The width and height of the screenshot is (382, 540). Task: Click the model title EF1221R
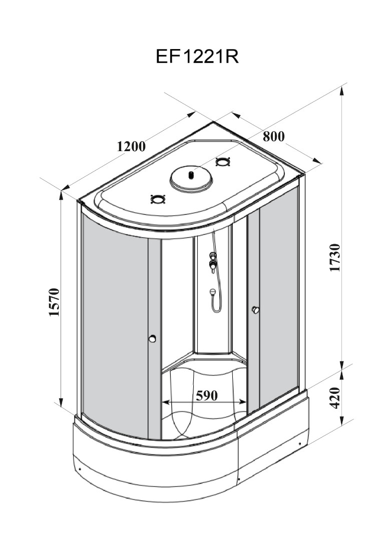tap(197, 57)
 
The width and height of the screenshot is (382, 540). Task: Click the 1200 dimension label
tap(131, 147)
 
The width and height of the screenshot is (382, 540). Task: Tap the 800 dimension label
tap(273, 136)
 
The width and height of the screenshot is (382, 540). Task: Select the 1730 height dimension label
tap(335, 257)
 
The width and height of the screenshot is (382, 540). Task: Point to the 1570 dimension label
tap(55, 302)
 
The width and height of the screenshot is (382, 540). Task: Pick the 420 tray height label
tap(335, 397)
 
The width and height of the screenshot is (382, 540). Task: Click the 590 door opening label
tap(206, 396)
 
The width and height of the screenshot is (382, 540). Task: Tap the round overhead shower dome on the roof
tap(191, 178)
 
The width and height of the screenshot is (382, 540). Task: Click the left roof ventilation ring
tap(158, 199)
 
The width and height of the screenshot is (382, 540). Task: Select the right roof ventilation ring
tap(222, 162)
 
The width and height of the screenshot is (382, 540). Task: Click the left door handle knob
tap(153, 339)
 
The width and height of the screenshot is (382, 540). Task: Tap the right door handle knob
tap(256, 310)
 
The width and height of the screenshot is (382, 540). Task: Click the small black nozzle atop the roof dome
tap(191, 175)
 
